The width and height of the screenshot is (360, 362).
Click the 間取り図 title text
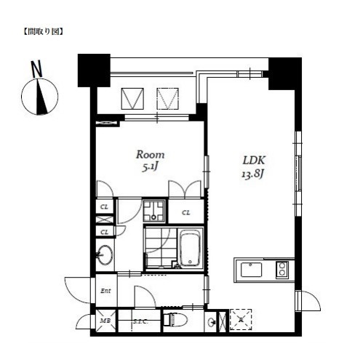click(x=43, y=32)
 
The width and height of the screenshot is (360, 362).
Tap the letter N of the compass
click(x=37, y=69)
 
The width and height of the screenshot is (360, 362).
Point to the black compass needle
click(x=41, y=97)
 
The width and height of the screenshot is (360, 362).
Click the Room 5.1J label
click(x=150, y=161)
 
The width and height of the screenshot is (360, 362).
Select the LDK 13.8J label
click(x=253, y=167)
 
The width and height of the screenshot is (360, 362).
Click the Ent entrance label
click(x=105, y=291)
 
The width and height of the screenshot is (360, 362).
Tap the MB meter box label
click(x=105, y=321)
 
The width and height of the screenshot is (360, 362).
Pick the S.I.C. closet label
click(x=140, y=322)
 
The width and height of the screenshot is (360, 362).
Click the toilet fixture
click(x=175, y=320)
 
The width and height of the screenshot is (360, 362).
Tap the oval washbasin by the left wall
click(x=105, y=254)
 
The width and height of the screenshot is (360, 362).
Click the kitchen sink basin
click(x=251, y=270)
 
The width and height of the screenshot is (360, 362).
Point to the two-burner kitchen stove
click(x=282, y=270)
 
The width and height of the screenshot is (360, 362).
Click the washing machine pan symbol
click(x=154, y=211)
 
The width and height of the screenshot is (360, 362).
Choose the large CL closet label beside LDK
click(x=186, y=212)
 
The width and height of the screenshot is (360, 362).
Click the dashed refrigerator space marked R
click(x=241, y=320)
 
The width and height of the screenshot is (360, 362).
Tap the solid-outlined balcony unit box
click(x=132, y=99)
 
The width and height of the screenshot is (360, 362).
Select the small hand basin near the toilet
click(x=212, y=322)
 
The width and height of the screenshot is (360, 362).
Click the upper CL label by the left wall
click(x=104, y=207)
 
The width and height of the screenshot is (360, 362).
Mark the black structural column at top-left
click(x=94, y=71)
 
